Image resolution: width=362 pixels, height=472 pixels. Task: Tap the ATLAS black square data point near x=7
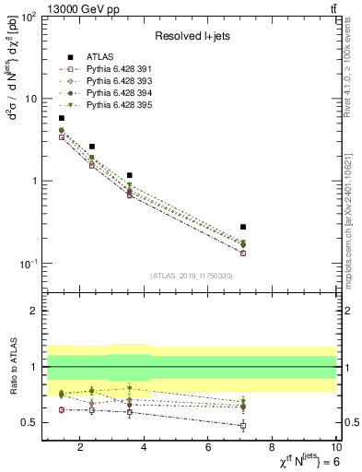pos(243,227)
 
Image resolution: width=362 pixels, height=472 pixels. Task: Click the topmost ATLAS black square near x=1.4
pos(62,118)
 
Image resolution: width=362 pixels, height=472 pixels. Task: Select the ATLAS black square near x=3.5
pos(130,175)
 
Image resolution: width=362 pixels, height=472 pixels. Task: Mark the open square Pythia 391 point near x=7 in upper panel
pos(243,253)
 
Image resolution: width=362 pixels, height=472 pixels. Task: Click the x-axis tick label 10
pos(336,449)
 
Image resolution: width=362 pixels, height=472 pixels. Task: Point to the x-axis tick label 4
pos(144,449)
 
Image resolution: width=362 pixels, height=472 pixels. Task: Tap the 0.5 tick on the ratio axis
pos(28,422)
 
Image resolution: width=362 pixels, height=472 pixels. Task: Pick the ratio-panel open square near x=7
pos(243,425)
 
